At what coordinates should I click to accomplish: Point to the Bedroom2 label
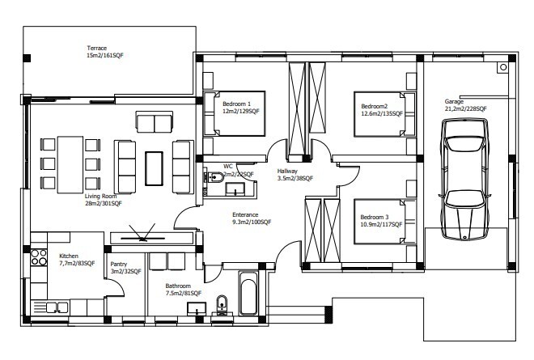click(x=375, y=106)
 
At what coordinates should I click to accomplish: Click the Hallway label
click(x=288, y=172)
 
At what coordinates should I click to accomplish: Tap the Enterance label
click(x=246, y=214)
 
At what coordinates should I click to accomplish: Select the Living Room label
click(x=101, y=196)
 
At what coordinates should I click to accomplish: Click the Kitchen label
click(x=70, y=256)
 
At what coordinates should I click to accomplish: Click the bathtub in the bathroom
click(x=248, y=294)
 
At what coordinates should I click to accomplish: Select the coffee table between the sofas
click(x=154, y=167)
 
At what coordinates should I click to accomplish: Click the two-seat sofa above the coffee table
click(x=154, y=123)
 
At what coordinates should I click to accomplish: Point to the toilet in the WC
click(x=213, y=178)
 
